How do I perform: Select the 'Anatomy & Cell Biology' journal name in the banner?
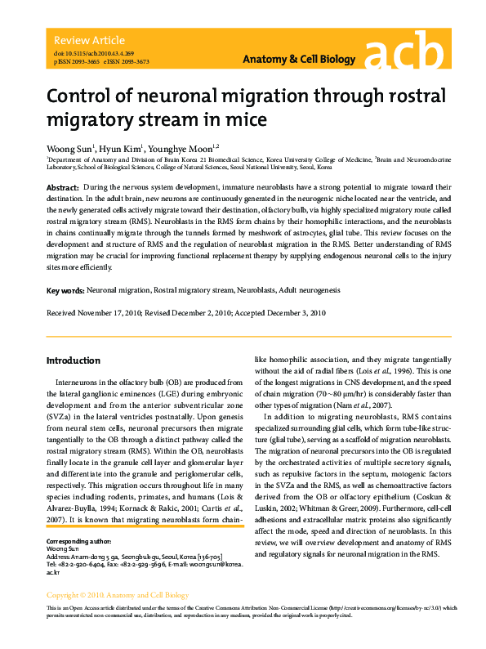pos(300,60)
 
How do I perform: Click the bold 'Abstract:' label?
pos(63,188)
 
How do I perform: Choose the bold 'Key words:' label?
pos(65,290)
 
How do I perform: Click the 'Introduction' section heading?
pos(74,360)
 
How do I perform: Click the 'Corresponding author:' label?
pos(78,541)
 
